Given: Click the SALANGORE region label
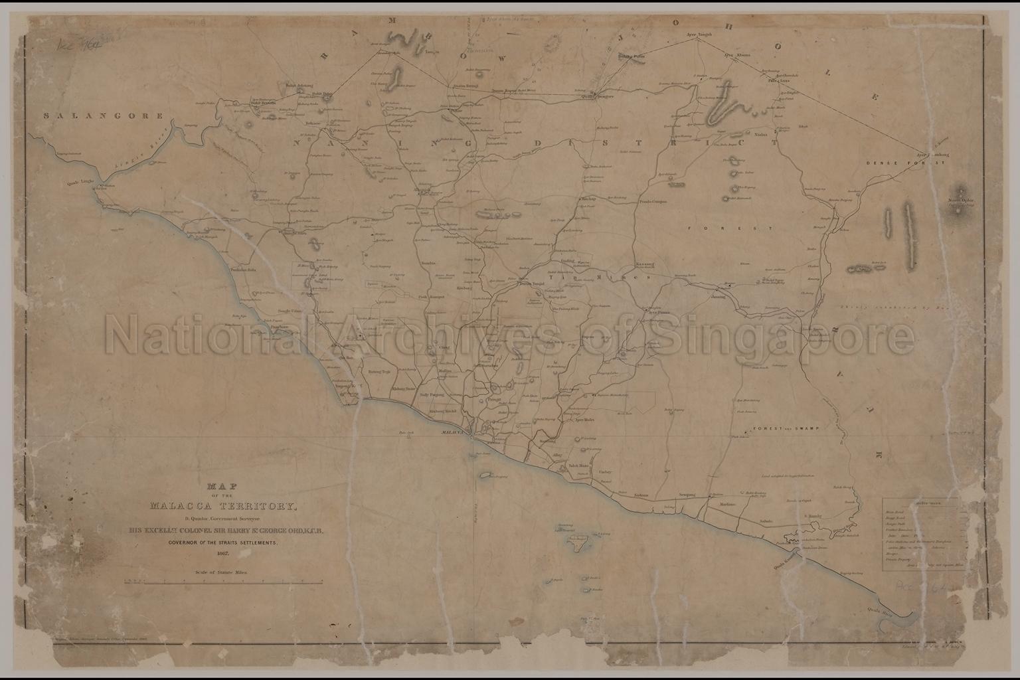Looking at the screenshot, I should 103,116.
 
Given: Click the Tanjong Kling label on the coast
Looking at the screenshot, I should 347,384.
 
